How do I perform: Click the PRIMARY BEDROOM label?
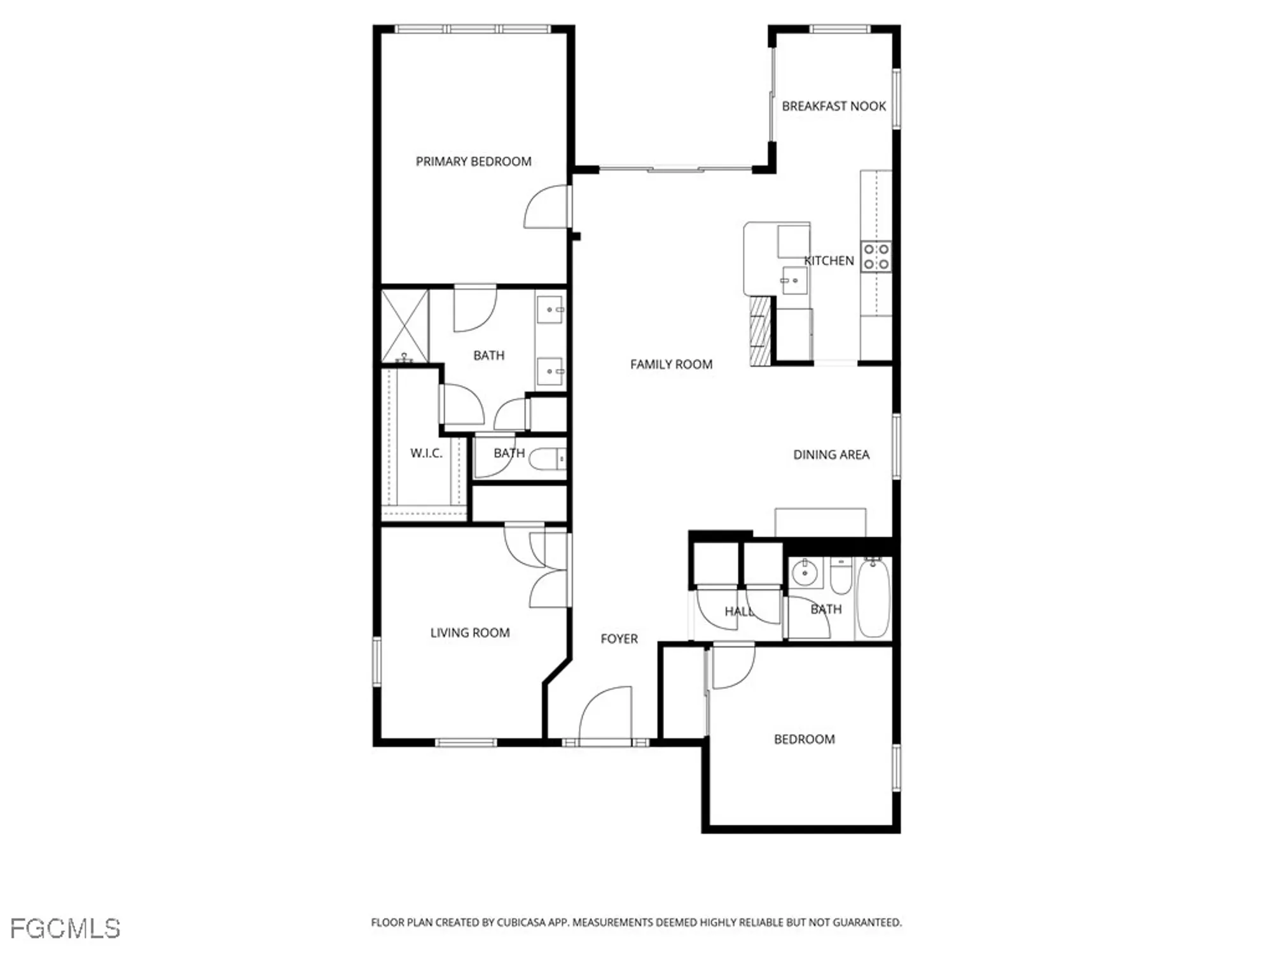(473, 162)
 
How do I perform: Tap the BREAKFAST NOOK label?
(833, 106)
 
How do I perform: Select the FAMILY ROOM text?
(671, 364)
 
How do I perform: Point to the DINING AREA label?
(831, 455)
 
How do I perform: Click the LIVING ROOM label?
(469, 633)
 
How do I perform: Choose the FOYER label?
(619, 639)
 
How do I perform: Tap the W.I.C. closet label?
(425, 453)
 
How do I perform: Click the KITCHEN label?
(829, 261)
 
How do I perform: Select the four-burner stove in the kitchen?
(876, 256)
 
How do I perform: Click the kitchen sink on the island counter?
(793, 280)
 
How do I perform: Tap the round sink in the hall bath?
(805, 572)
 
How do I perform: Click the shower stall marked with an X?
(404, 326)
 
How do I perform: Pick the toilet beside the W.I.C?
(547, 459)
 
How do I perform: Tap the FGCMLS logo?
(65, 929)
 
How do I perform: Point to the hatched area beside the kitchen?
(759, 331)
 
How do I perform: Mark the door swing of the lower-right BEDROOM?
(732, 665)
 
